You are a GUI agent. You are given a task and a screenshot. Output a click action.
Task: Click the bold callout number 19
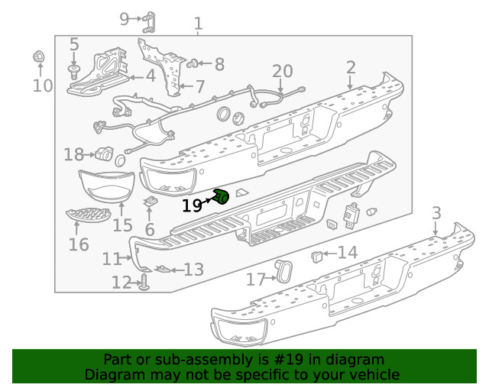[192, 205]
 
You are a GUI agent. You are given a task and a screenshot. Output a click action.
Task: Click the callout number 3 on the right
[436, 212]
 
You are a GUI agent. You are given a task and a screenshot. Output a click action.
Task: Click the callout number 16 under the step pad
[78, 244]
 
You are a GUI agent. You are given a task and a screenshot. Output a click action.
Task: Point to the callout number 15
[122, 225]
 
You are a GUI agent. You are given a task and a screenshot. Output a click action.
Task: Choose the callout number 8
[219, 64]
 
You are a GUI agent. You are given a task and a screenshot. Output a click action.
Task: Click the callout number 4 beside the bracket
[151, 76]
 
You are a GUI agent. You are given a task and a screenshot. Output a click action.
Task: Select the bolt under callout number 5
[74, 71]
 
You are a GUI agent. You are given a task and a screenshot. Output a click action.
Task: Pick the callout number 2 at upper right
[350, 67]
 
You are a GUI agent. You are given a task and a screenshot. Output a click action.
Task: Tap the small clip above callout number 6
[151, 202]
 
